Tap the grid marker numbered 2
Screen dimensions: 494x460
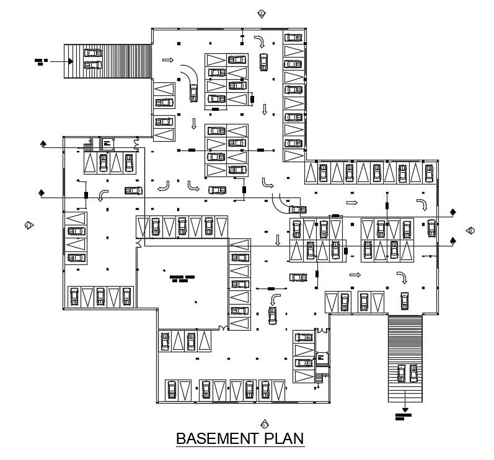(262, 14)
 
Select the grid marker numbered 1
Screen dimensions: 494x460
(265, 425)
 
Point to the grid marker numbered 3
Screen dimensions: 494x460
(470, 231)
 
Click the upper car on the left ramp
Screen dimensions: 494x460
(92, 54)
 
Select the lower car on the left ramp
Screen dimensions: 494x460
(92, 64)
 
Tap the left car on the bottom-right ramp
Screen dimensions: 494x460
(402, 373)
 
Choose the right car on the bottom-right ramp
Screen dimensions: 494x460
(413, 373)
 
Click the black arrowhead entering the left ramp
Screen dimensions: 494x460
(71, 61)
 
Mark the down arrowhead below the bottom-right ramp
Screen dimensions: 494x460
(405, 409)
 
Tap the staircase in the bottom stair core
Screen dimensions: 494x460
(320, 375)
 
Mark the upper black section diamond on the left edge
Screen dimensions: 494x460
(43, 144)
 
